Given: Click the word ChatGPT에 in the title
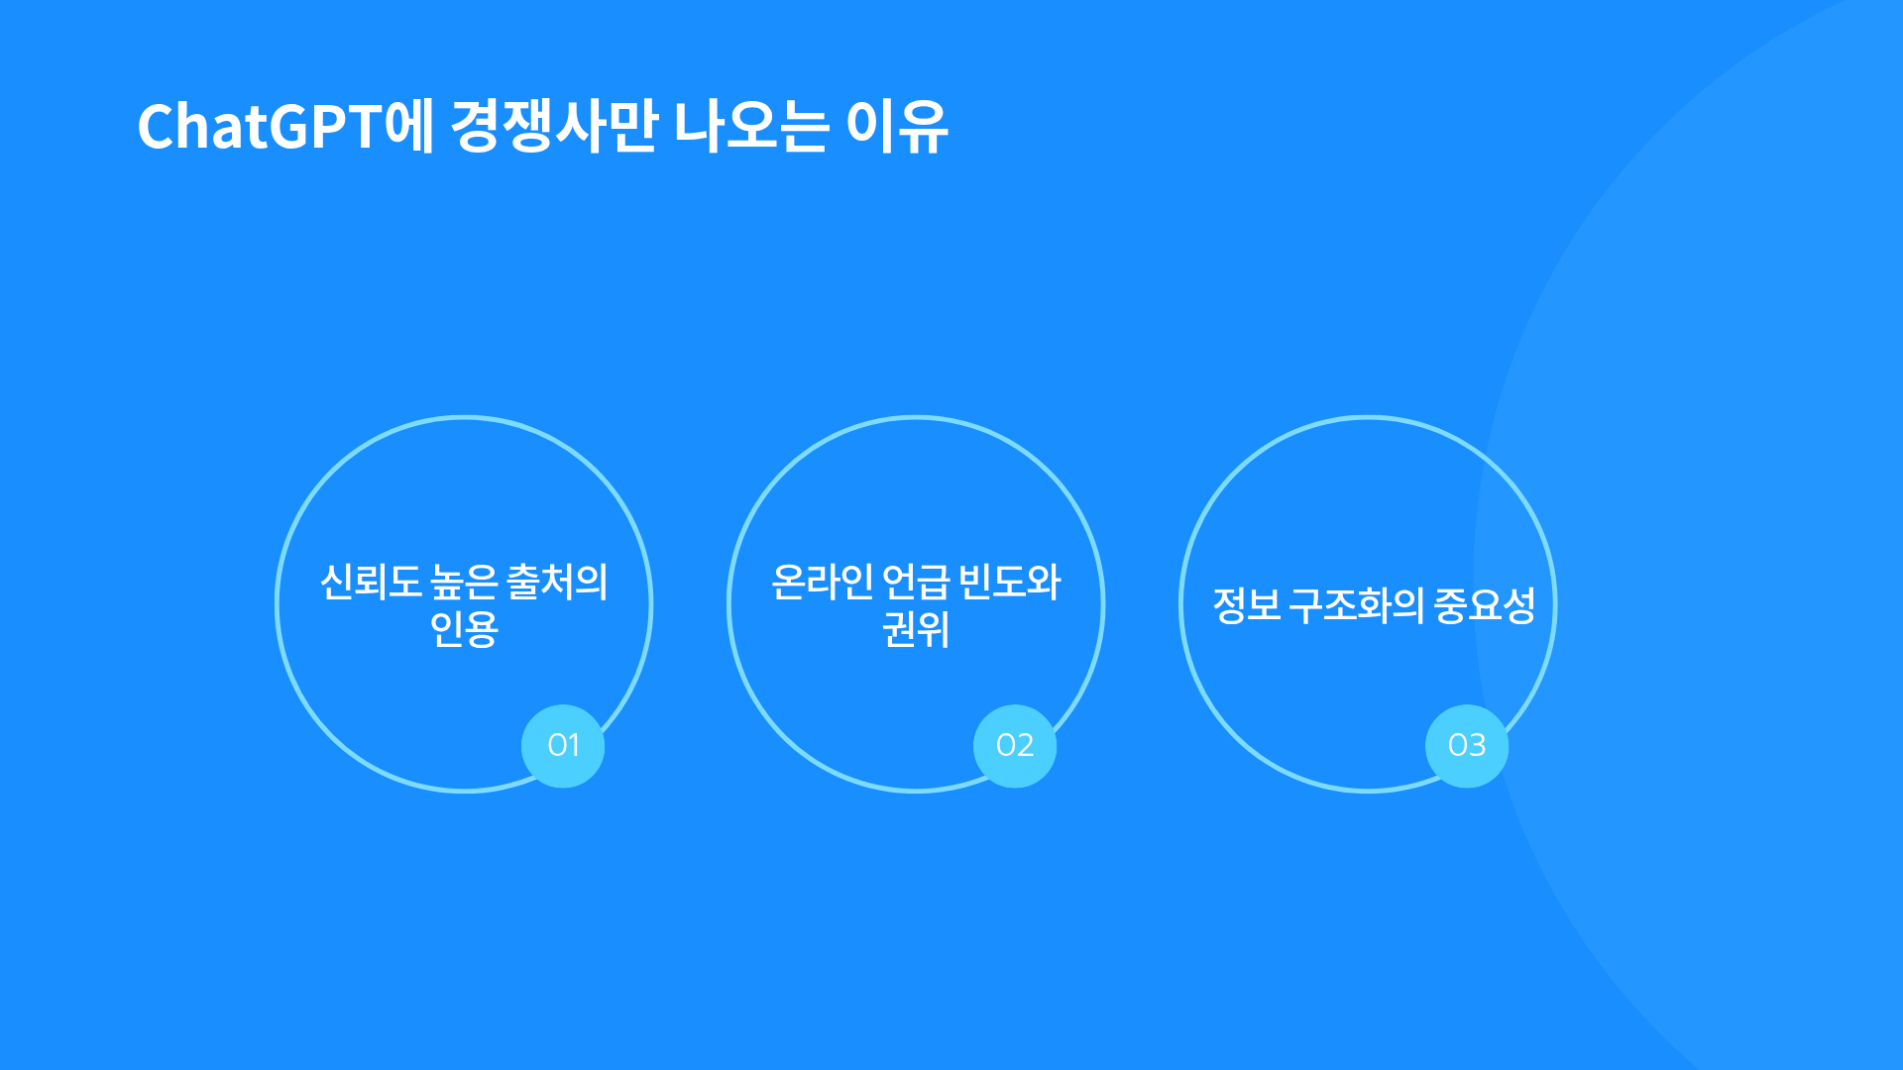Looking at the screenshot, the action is coord(285,126).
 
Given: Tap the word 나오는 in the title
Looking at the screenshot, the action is coord(751,126).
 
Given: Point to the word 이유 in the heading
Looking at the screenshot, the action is coord(897,126).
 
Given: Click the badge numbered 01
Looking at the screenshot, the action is coord(563,746).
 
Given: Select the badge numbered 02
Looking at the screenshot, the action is coord(1015,746).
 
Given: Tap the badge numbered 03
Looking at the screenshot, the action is coord(1467,746).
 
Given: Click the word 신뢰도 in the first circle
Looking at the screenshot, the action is coord(371,582).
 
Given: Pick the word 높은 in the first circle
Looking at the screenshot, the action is coord(465,582).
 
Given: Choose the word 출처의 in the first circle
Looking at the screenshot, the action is coord(557,582).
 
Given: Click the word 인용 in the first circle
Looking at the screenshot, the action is coord(464,629).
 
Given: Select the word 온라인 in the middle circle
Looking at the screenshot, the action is coord(823,582).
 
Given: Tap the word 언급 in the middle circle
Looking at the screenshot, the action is coord(916,582).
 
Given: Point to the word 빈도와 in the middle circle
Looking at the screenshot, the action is coord(1010,582).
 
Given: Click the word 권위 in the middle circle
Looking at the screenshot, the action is coord(916,629).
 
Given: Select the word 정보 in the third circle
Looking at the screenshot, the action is coord(1247,605).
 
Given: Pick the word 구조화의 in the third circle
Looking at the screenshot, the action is coord(1357,605).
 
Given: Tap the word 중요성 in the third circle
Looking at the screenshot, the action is coord(1485,605).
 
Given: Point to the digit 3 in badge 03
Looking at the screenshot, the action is coord(1477,745).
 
